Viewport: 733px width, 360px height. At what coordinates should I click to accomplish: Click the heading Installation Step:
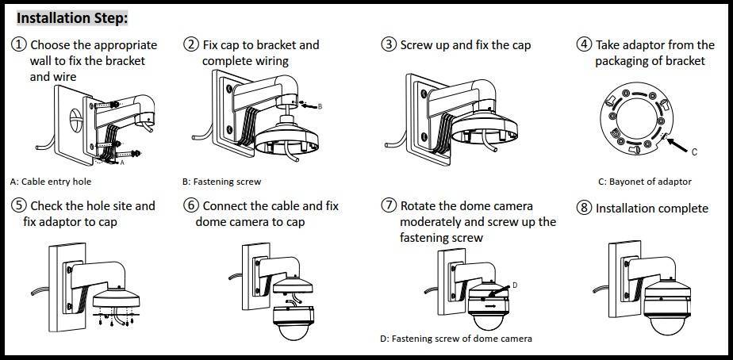coord(72,17)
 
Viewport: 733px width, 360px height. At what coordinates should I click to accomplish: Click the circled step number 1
coord(19,45)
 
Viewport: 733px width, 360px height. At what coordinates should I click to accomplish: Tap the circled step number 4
coord(584,45)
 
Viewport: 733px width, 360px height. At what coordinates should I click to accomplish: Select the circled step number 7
coord(389,205)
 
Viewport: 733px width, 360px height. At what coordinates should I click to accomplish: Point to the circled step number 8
coord(584,208)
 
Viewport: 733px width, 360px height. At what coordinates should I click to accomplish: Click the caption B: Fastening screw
coord(221,182)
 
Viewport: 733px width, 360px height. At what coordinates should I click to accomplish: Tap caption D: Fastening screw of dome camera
coord(456,339)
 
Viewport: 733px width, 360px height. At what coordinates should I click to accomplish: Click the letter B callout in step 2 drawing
coord(320,105)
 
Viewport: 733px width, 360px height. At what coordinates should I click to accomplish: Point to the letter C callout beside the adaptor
coord(694,151)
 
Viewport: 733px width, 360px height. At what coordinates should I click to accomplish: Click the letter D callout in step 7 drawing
coord(514,284)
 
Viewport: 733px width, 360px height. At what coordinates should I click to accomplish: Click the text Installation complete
coord(651,208)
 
